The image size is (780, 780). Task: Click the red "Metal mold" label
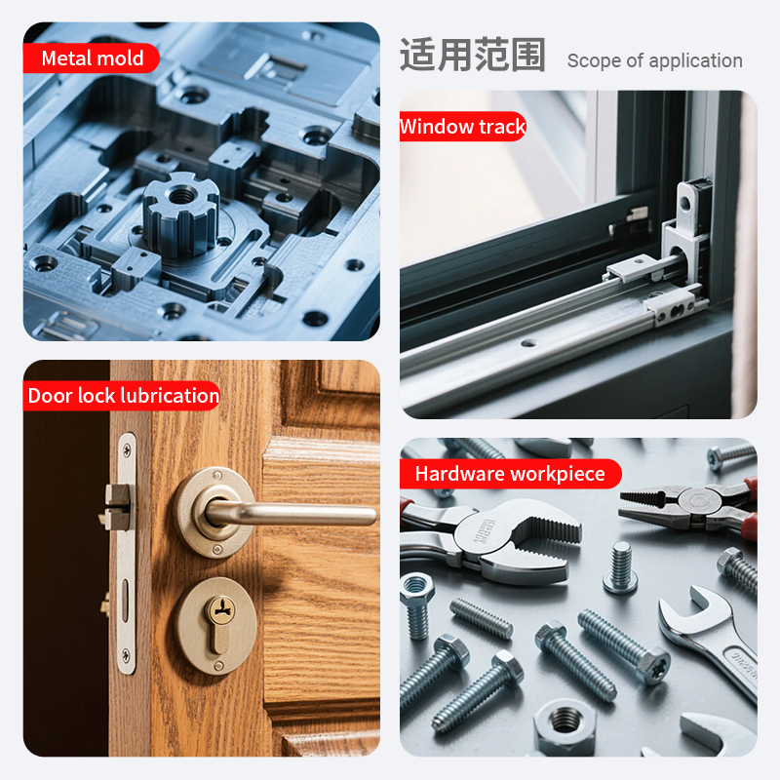(92, 58)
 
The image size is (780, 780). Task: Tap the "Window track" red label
(462, 127)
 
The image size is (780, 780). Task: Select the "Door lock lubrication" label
(123, 396)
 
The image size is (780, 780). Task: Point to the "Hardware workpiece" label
(510, 474)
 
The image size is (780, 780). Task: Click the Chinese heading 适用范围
(473, 56)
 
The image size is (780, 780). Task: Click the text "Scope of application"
(654, 60)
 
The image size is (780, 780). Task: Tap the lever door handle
(289, 514)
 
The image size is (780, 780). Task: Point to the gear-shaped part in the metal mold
(181, 214)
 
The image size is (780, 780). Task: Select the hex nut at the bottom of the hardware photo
(565, 726)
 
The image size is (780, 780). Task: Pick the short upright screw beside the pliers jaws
(620, 567)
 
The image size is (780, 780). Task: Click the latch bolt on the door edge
(117, 506)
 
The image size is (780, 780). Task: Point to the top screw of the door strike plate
(127, 450)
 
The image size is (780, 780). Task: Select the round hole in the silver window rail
(528, 343)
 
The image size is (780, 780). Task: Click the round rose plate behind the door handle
(214, 513)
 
